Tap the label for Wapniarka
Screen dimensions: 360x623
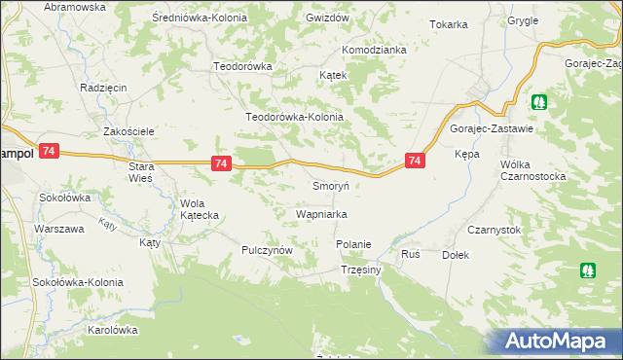pyautogui.click(x=321, y=213)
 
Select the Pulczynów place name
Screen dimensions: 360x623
pyautogui.click(x=268, y=250)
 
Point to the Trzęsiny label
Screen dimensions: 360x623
pyautogui.click(x=360, y=270)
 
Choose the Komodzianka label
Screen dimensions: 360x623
pyautogui.click(x=373, y=50)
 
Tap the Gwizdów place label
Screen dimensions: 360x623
pyautogui.click(x=326, y=18)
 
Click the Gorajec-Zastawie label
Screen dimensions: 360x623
pyautogui.click(x=491, y=128)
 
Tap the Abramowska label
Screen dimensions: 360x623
pyautogui.click(x=74, y=7)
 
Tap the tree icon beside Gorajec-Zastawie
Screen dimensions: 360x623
pyautogui.click(x=538, y=101)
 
